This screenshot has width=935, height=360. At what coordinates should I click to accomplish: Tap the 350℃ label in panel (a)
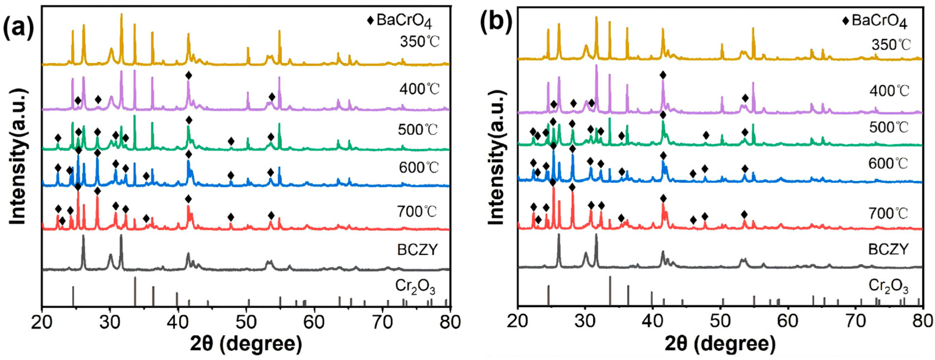click(419, 42)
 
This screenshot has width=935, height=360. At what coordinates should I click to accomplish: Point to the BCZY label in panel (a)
click(418, 250)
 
